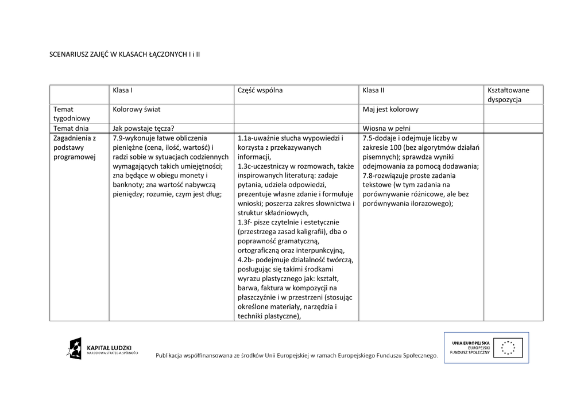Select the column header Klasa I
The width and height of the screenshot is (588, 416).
pos(123,90)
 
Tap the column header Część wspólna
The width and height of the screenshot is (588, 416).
pos(260,90)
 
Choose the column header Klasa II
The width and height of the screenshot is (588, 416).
pos(373,90)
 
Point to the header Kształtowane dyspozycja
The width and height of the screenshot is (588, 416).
pos(508,95)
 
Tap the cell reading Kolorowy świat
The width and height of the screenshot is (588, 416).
pos(137,109)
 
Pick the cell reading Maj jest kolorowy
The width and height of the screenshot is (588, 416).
pos(390,109)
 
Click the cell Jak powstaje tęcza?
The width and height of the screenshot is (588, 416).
pos(144,129)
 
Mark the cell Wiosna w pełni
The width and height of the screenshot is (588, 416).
pos(386,129)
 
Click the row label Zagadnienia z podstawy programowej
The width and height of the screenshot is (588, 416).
pos(75,147)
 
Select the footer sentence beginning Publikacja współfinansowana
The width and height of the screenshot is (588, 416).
pos(296,356)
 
